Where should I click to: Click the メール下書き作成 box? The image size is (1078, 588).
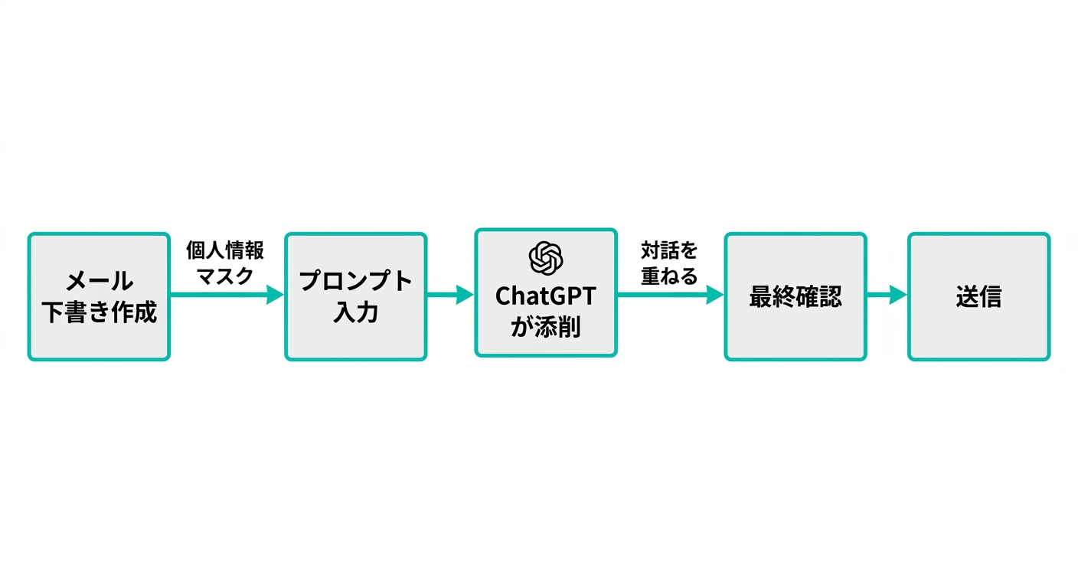(98, 296)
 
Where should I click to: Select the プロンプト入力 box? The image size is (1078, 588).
(356, 296)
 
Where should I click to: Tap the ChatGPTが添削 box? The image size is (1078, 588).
(545, 292)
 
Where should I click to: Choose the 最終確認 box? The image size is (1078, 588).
(795, 296)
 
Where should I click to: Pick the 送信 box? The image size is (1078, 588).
(978, 296)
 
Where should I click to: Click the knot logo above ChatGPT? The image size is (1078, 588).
(546, 257)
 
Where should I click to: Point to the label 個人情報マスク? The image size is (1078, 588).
(225, 263)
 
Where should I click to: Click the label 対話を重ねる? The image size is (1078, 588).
(669, 263)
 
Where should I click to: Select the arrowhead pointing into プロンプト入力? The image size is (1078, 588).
(275, 295)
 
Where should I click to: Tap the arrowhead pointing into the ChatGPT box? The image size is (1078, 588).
(465, 295)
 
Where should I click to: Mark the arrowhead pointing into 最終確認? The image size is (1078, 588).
(714, 295)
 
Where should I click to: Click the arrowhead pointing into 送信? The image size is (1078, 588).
(897, 295)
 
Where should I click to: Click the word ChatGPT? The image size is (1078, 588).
(545, 296)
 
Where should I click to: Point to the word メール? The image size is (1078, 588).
(98, 282)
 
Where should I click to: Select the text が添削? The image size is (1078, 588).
(545, 327)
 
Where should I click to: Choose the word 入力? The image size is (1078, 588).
(356, 312)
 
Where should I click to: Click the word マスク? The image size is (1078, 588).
(225, 276)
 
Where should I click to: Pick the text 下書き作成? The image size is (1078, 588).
(98, 312)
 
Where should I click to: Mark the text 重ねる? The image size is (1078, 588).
(669, 276)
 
